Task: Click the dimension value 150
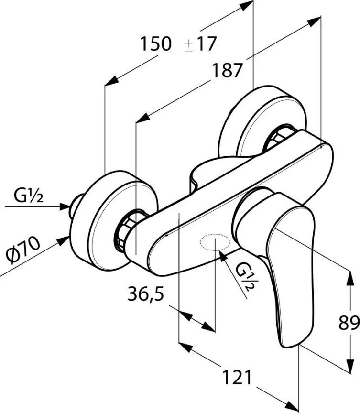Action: [x=155, y=44]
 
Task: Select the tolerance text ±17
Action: [x=200, y=44]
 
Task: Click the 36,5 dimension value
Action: [x=146, y=294]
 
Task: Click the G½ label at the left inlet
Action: [x=28, y=196]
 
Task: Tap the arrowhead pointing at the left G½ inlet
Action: [x=66, y=206]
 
